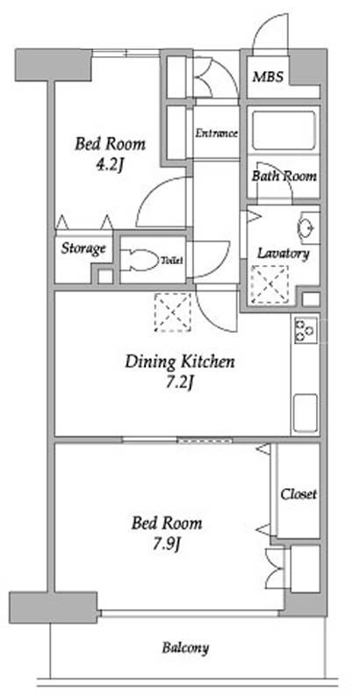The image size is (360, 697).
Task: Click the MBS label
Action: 268,77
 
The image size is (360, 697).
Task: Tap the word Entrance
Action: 217,133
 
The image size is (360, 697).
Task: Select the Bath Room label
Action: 284,176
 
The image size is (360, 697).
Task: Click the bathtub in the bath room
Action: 284,131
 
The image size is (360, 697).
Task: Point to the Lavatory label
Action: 284,254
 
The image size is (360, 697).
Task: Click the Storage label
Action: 83,248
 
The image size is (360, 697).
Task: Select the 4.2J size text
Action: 110,166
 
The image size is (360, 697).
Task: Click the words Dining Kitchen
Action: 179,362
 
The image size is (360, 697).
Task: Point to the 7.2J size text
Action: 179,383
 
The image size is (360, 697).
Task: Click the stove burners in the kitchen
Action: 305,330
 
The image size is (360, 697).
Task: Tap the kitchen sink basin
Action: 306,413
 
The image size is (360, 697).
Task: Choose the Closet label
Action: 299,494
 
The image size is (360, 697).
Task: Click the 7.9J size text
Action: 167,543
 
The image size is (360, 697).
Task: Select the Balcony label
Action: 185,648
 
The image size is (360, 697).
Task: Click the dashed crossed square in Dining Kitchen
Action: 173,313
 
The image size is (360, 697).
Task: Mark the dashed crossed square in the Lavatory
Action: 270,285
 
